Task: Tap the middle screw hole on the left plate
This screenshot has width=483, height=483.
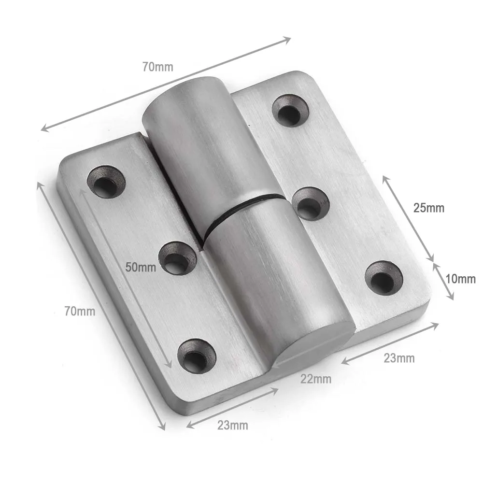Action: pos(177,258)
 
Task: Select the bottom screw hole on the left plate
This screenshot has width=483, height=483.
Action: pos(197,356)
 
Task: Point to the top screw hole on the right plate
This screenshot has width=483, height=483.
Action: pos(290,111)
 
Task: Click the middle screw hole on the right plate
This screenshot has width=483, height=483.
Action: pos(311,203)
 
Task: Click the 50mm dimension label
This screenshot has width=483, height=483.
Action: pos(141,267)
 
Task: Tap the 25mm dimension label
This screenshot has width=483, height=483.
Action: pos(428,208)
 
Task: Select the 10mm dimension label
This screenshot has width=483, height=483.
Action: pos(460,279)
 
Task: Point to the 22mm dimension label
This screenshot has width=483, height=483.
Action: pos(316,379)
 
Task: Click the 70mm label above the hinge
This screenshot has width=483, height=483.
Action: pos(157,67)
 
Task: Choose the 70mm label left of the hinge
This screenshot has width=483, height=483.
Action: pos(80,312)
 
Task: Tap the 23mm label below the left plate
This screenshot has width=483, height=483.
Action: pos(232,426)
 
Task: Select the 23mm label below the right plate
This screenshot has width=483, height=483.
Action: pos(399,358)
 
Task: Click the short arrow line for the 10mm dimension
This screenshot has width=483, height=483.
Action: pos(443,281)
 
